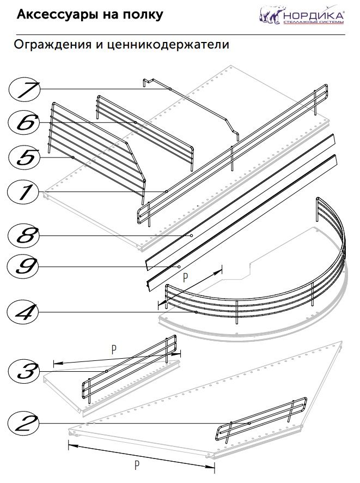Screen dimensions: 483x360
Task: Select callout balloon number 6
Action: (25, 123)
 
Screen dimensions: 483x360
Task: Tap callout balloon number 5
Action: (25, 157)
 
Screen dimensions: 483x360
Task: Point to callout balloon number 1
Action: (25, 192)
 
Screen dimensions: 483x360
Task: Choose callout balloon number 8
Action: (25, 236)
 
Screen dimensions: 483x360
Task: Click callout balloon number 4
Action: (25, 312)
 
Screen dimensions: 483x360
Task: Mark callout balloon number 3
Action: (25, 372)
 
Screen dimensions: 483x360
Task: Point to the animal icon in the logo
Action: (270, 16)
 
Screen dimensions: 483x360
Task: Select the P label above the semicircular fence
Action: (185, 277)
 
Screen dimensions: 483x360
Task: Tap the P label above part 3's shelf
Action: (113, 350)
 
